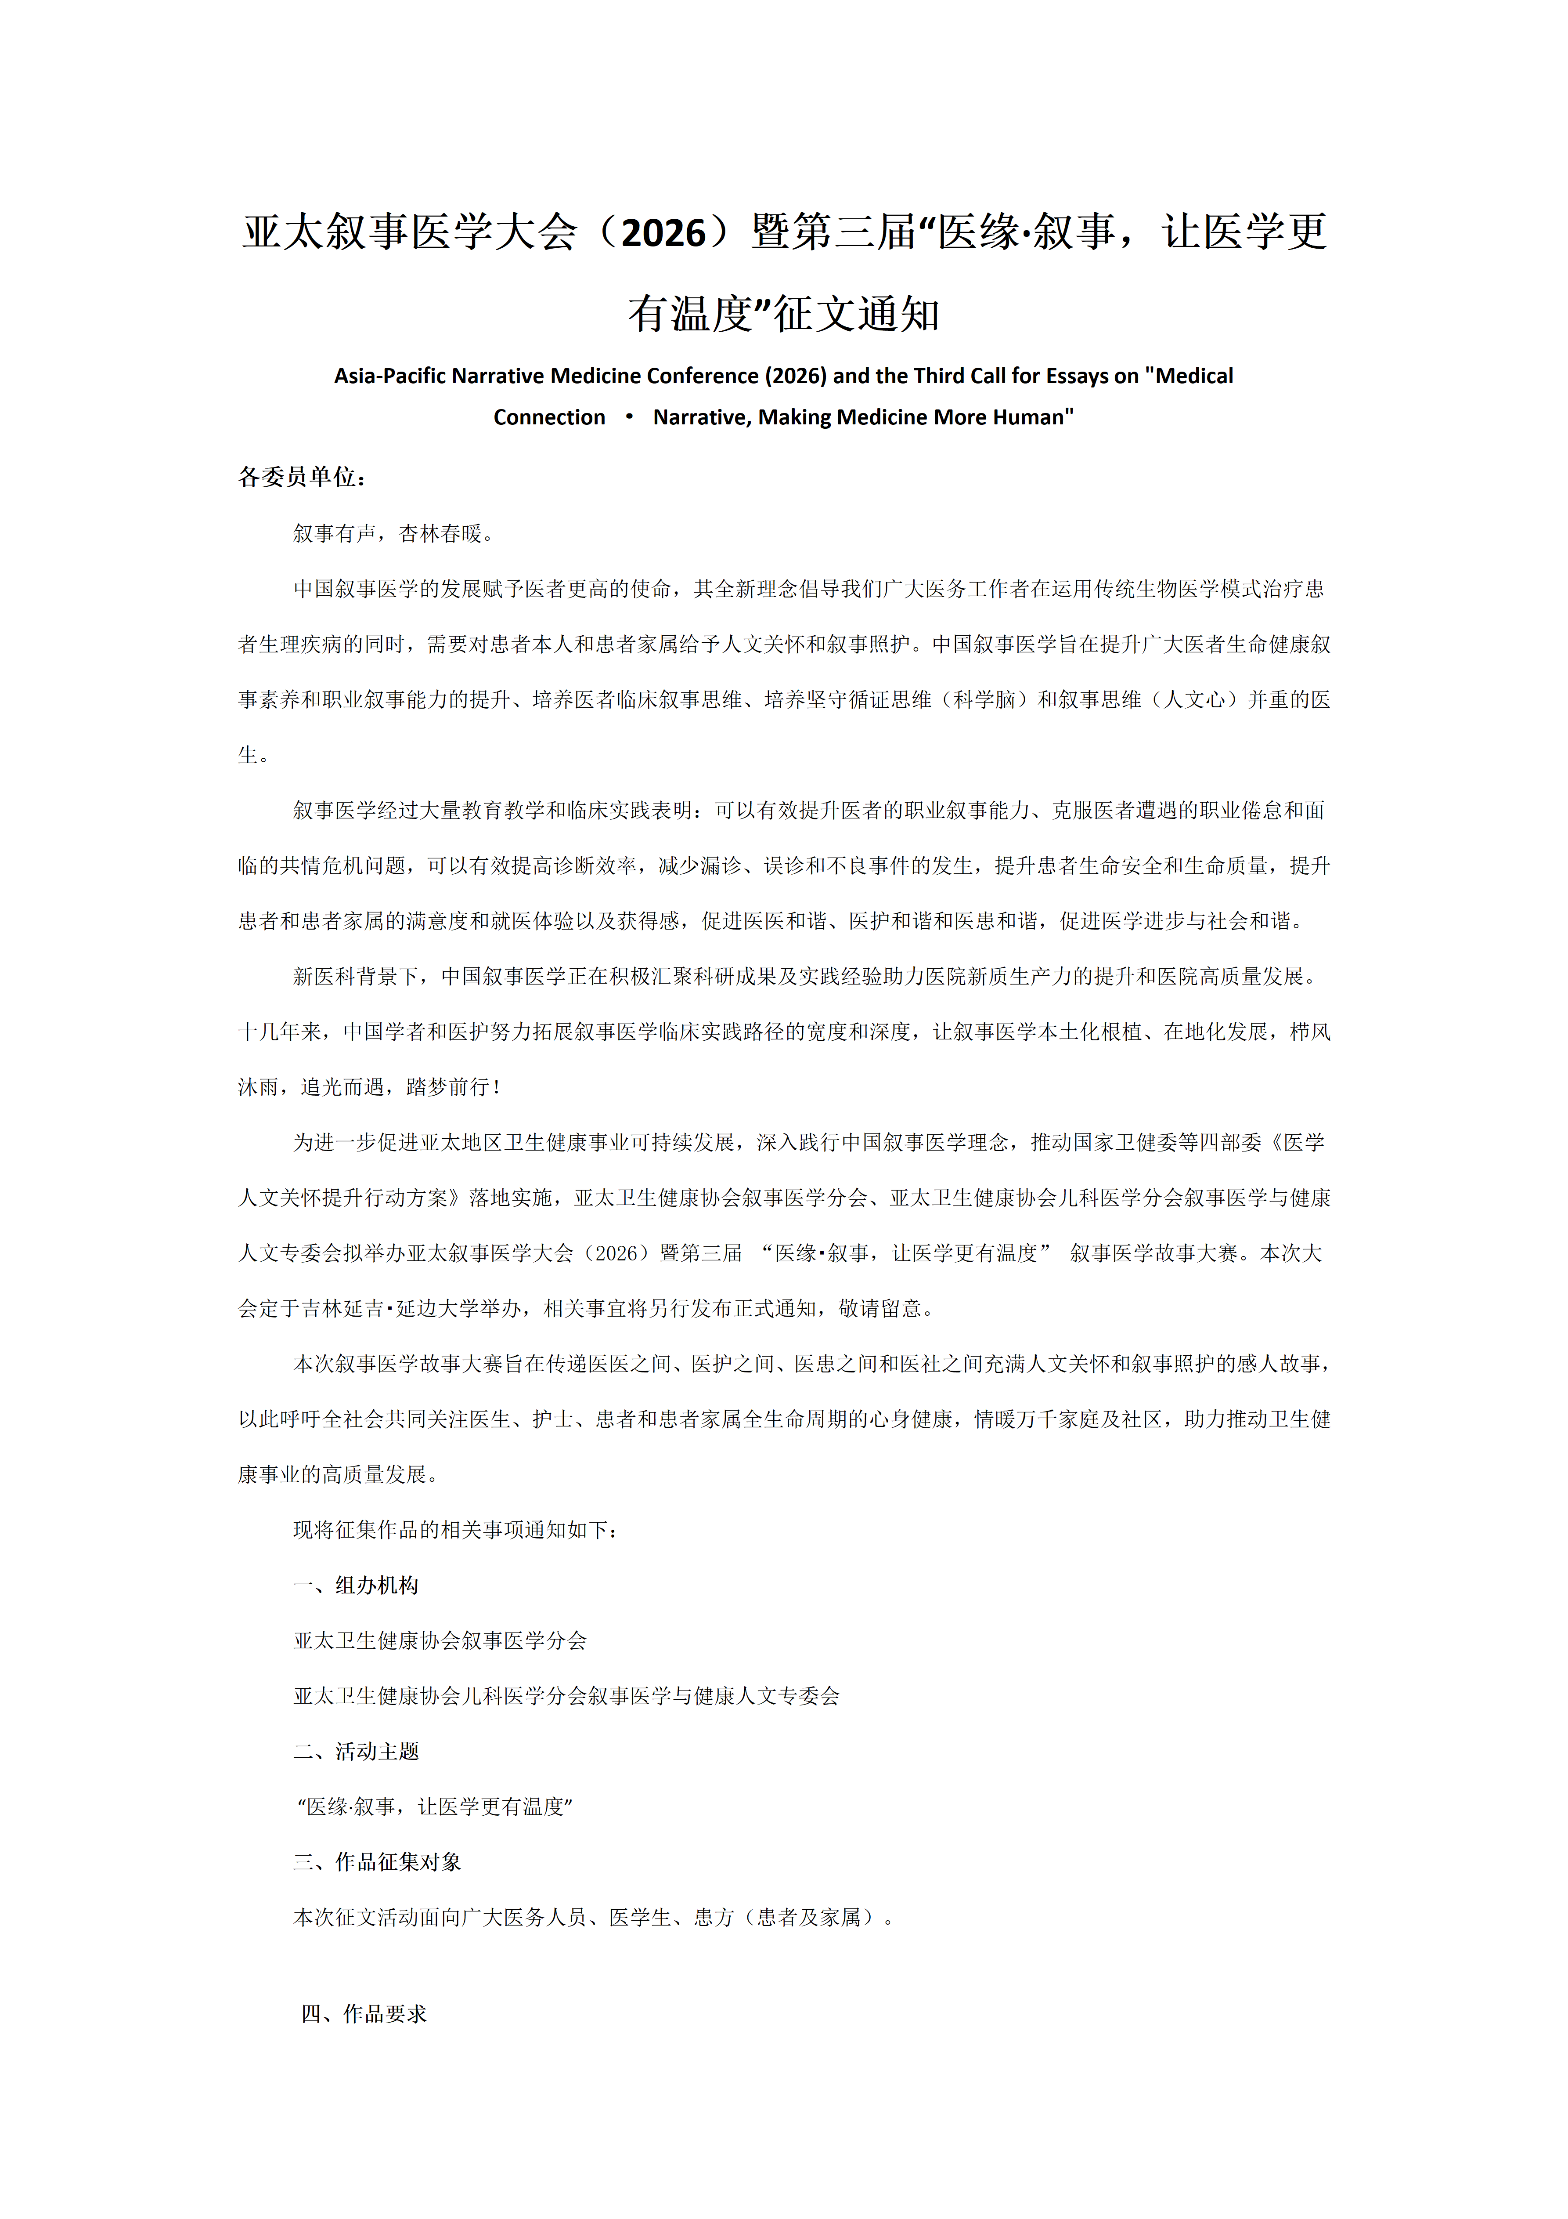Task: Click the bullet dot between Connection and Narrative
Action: coord(629,416)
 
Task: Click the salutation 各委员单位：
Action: coord(303,478)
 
